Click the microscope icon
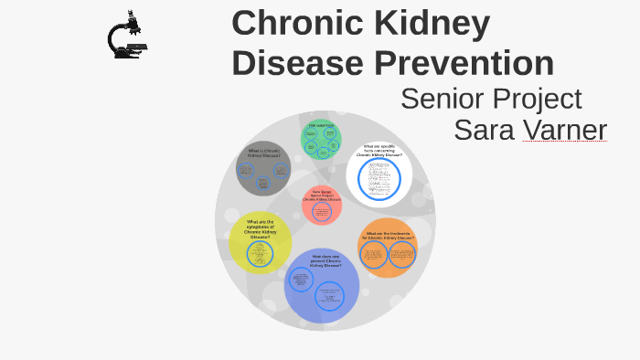point(126,36)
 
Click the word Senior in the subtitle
point(442,99)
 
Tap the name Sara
point(485,130)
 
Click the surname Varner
point(564,130)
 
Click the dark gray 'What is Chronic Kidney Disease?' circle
point(263,168)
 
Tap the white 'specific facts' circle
point(379,173)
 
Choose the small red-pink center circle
point(322,206)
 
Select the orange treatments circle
point(388,248)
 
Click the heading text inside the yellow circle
point(259,228)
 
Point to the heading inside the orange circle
point(390,236)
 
